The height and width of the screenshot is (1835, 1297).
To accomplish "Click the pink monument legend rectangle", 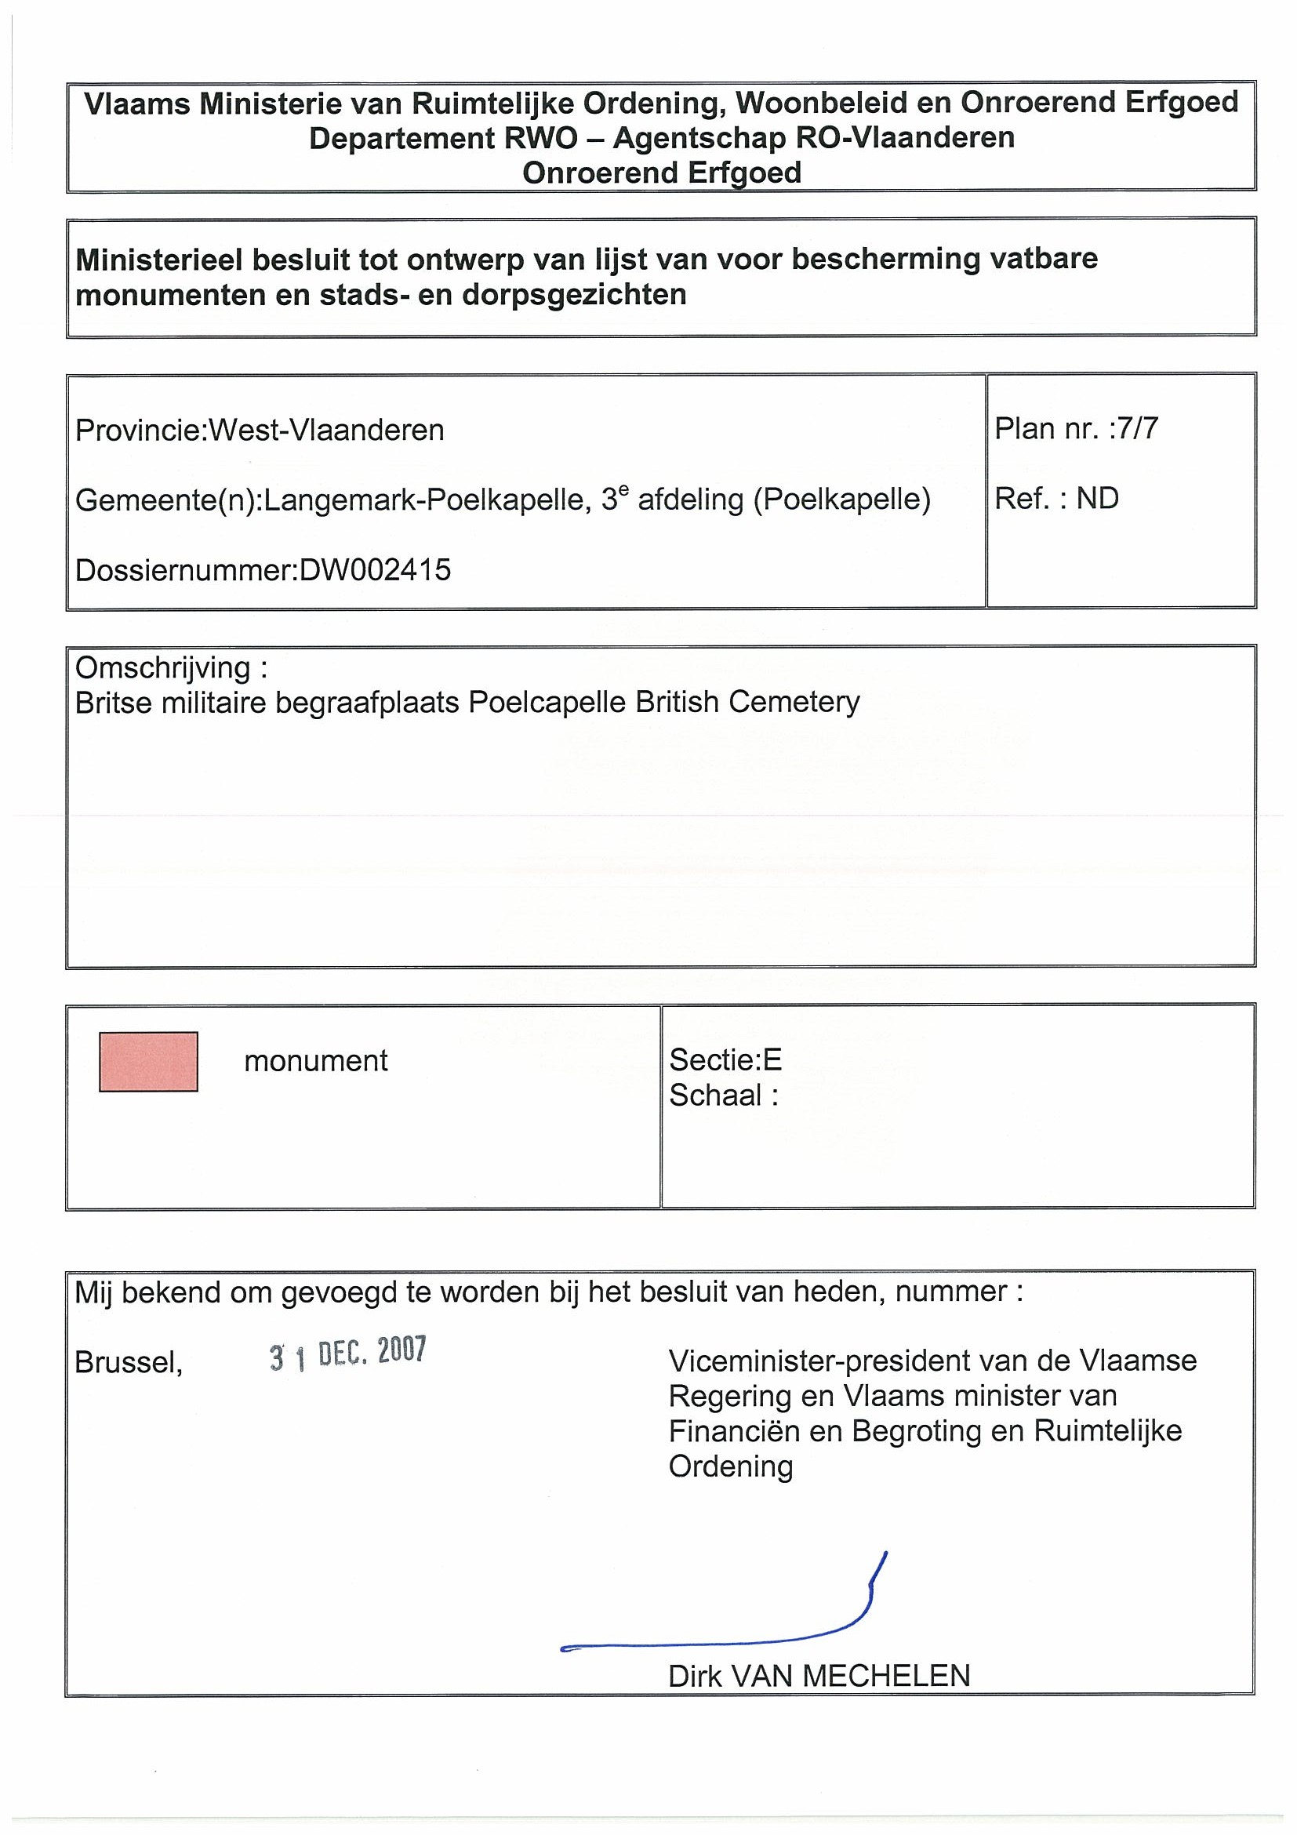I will coord(148,1061).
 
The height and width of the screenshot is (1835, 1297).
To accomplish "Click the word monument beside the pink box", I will coord(316,1060).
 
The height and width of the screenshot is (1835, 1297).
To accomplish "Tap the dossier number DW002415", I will coord(375,570).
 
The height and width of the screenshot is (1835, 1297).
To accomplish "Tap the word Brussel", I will coord(129,1363).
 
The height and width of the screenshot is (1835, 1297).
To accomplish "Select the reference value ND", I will coord(1097,499).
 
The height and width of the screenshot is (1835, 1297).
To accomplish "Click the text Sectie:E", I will coord(725,1059).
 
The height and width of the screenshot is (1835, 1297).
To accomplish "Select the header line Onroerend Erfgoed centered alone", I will coord(662,173).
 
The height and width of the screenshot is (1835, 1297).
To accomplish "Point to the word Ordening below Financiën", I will coord(730,1466).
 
